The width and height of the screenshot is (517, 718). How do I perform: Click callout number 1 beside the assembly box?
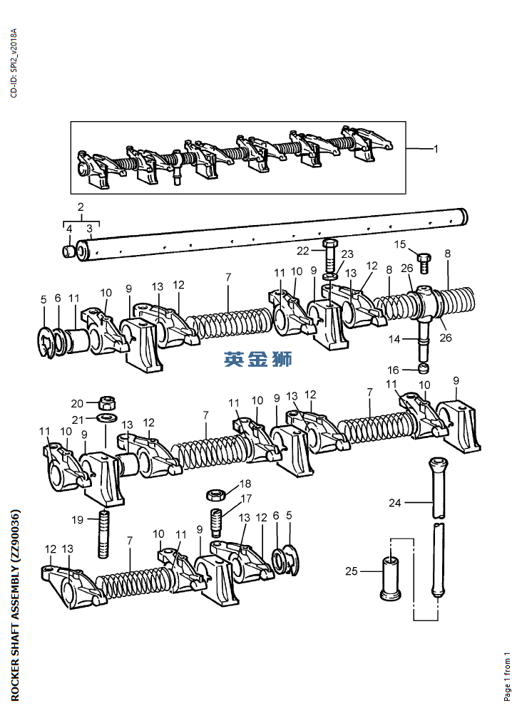[436, 149]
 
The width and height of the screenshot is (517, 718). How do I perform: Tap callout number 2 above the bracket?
[81, 206]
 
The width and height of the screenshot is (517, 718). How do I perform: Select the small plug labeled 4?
[68, 251]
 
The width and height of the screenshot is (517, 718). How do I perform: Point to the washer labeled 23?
[329, 278]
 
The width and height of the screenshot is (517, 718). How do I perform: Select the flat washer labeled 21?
[107, 417]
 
